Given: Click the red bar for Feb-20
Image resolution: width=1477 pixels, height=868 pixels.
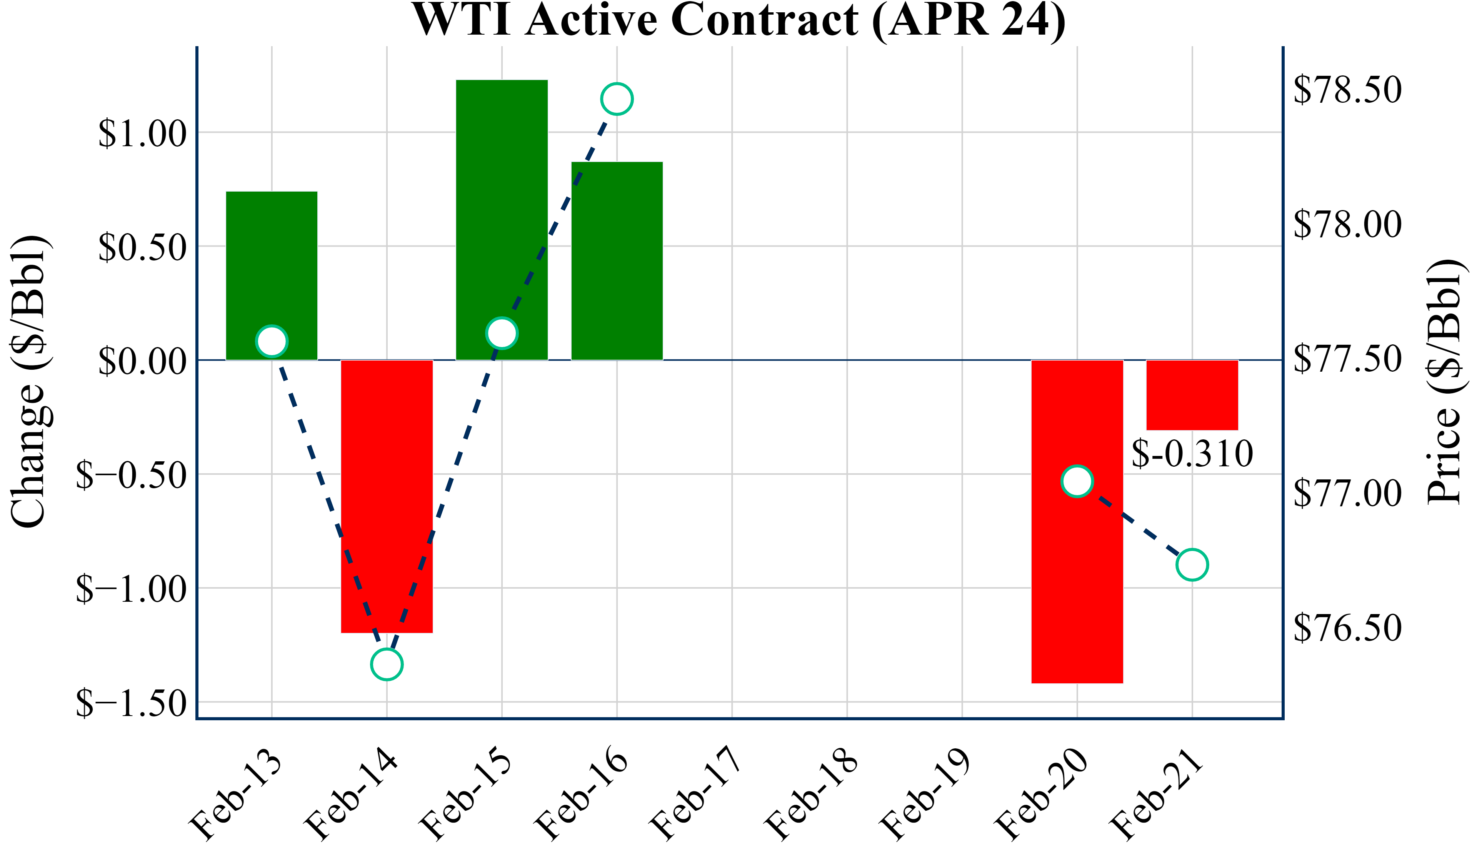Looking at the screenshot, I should [1077, 586].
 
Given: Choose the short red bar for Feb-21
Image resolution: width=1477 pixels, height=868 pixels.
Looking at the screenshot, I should [1192, 395].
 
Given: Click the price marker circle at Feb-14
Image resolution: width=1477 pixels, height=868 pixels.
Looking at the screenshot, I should [387, 664].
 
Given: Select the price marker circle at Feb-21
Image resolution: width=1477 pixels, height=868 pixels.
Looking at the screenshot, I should [1192, 565].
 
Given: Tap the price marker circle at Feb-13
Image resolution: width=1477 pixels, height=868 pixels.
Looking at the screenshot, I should [272, 341].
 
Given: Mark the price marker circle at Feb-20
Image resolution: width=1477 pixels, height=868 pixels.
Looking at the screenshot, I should [1077, 481].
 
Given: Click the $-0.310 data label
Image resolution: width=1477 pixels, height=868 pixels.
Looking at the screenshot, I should [1192, 453].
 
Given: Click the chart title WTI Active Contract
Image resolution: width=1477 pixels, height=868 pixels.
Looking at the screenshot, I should [738, 20].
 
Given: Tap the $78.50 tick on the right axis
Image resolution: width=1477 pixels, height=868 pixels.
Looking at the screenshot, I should [1347, 90].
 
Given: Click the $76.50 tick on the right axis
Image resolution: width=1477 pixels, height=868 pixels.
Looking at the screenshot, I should [1347, 628].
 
